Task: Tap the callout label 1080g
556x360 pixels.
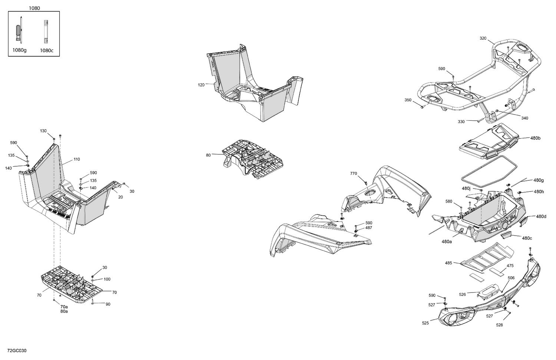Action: pos(20,50)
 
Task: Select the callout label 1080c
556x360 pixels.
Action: pos(47,50)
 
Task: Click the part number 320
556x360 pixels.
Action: pos(483,38)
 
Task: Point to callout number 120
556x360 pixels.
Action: pos(201,85)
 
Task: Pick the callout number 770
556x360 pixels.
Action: pos(353,173)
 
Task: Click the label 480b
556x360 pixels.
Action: pos(535,138)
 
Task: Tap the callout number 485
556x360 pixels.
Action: pos(449,263)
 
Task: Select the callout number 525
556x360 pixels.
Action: pos(425,323)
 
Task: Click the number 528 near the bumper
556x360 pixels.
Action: pos(499,325)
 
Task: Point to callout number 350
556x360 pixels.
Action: pos(408,100)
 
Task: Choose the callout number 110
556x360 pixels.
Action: pos(76,159)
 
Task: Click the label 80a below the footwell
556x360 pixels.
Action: pos(64,311)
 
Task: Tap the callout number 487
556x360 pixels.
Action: pos(368,228)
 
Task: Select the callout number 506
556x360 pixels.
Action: pos(511,278)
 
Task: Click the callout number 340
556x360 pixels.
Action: pos(524,118)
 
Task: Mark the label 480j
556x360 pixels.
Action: pos(466,189)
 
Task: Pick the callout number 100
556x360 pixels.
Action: pos(107,279)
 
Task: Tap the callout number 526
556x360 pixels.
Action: pos(462,294)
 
